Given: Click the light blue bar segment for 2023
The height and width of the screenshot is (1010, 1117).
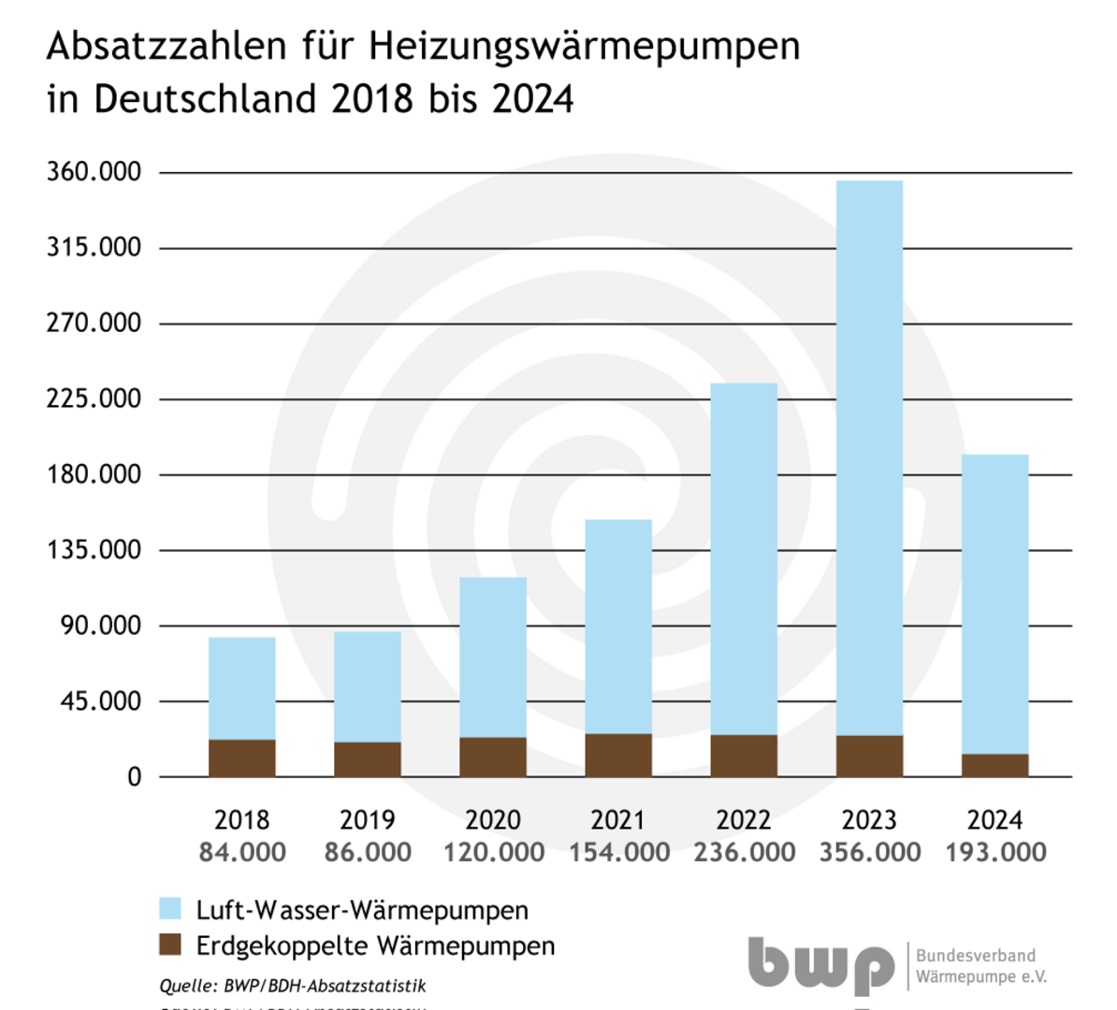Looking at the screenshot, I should click(x=869, y=458).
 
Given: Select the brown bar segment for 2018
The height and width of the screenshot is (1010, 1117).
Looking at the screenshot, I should click(x=242, y=758).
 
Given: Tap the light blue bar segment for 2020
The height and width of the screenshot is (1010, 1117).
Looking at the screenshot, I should click(x=493, y=657).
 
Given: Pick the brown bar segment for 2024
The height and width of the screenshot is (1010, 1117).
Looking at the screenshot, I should click(x=994, y=765).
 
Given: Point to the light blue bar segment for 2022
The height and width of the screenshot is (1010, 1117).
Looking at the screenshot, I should click(x=744, y=559).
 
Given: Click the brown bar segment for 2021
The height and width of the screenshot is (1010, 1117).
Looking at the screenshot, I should click(x=618, y=756).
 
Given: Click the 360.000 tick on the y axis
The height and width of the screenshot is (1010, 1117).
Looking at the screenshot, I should click(x=94, y=172).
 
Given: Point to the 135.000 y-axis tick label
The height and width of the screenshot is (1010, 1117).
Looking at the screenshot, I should click(x=94, y=550).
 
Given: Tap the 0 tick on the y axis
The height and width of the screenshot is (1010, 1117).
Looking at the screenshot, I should click(x=135, y=777).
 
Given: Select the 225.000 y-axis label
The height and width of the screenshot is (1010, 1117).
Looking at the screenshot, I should click(x=94, y=398).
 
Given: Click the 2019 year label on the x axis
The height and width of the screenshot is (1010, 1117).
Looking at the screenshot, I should click(x=368, y=820).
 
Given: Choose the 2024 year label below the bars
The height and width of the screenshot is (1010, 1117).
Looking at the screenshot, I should click(x=994, y=820).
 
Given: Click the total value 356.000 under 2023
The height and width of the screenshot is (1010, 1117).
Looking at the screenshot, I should click(x=870, y=853).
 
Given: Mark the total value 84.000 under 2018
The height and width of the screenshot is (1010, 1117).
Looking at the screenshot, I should click(x=242, y=853).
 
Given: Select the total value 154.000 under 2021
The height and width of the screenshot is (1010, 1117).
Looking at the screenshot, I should click(x=619, y=853).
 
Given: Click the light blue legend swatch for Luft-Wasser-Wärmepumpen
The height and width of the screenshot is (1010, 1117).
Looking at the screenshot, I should click(x=169, y=909).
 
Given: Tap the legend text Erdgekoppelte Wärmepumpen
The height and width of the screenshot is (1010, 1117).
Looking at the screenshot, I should click(x=375, y=945).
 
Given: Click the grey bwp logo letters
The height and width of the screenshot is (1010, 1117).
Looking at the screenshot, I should click(x=820, y=965).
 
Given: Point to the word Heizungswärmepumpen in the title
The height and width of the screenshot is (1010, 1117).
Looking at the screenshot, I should click(x=585, y=46).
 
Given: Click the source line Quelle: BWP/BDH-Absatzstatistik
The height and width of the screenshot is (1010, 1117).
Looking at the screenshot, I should click(x=293, y=986).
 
